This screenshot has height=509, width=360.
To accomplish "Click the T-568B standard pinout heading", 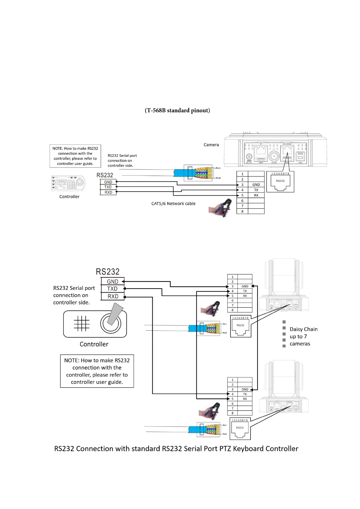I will point(177,110).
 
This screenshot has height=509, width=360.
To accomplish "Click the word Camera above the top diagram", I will point(211,145).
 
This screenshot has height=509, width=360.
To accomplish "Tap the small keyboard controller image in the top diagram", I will point(68,183).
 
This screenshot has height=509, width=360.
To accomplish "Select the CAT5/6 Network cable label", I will point(173,204).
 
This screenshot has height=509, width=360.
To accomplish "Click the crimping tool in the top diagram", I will point(221,208).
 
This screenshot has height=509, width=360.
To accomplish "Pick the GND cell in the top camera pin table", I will point(256,185).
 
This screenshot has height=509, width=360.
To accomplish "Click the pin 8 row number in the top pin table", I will point(242,212).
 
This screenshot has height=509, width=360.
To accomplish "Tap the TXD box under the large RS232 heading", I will point(112,289).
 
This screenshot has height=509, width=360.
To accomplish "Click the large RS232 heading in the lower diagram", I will point(108,272).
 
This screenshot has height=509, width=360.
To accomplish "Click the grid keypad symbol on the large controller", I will point(82,324).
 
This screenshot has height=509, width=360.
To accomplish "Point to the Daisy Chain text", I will point(303,329).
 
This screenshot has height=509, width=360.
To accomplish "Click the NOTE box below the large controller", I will point(97,371).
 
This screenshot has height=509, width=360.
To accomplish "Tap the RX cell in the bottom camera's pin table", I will point(245,399).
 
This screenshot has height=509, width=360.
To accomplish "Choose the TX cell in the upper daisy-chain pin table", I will point(245,291).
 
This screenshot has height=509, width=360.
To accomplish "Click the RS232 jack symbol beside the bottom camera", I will point(240,429).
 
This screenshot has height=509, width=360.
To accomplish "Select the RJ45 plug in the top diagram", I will point(198,173).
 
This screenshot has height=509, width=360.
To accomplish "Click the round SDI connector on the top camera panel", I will point(274,156).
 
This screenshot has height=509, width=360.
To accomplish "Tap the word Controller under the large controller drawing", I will point(94,344).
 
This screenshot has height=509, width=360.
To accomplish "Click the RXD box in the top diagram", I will point(108,193).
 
